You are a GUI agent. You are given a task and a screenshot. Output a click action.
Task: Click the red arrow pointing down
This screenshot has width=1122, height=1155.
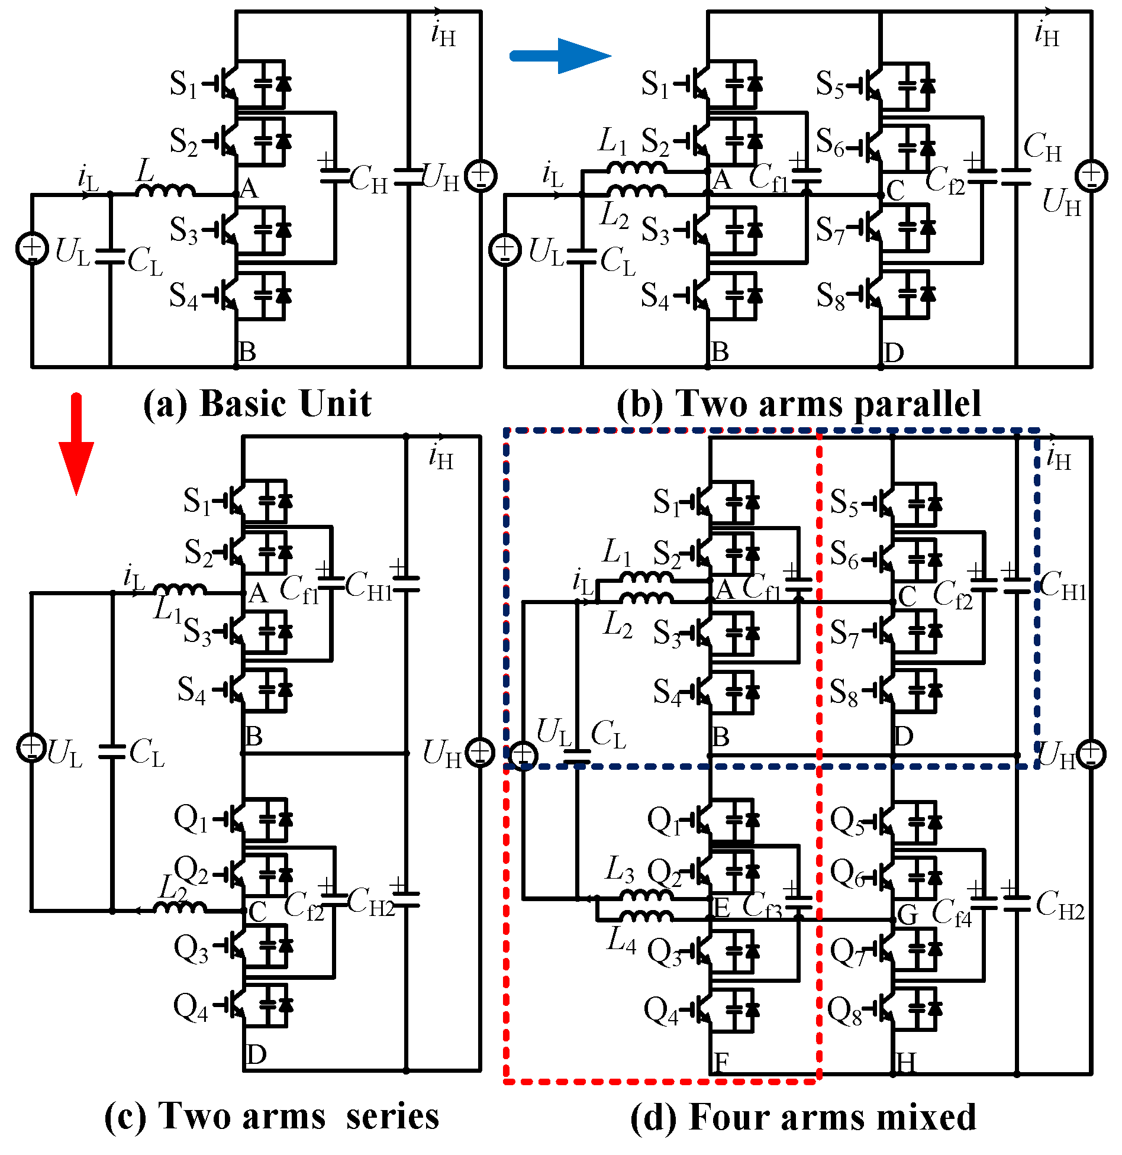click(x=76, y=444)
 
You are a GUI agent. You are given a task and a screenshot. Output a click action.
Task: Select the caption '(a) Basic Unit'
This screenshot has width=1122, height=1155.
click(x=257, y=404)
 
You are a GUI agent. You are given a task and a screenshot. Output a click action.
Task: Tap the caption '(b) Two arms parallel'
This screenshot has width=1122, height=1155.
click(x=799, y=404)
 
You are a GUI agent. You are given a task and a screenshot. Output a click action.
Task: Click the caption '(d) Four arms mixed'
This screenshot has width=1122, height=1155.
click(x=803, y=1118)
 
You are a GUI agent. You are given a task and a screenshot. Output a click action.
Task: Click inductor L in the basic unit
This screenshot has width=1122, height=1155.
click(x=165, y=191)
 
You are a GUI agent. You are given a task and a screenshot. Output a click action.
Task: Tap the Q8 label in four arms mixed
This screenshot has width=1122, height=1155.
click(x=844, y=1011)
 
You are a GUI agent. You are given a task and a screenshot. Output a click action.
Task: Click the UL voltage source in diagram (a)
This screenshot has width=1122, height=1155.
click(x=32, y=249)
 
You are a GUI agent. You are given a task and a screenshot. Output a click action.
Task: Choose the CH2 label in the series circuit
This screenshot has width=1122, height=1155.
click(x=370, y=902)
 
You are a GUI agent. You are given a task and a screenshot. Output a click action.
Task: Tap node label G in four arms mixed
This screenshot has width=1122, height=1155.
click(x=908, y=915)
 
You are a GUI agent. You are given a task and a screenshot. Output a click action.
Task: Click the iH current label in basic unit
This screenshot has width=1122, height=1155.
click(x=443, y=34)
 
